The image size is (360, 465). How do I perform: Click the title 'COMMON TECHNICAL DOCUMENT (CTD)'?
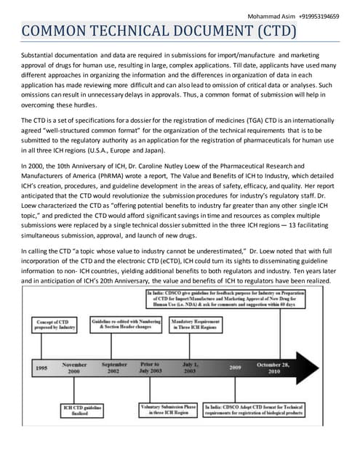tap(159, 31)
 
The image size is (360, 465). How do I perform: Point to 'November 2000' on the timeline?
tap(75, 368)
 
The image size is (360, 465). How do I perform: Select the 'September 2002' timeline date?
tap(115, 368)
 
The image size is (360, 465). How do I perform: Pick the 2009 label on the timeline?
tap(234, 368)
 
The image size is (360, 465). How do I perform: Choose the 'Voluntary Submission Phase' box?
tap(168, 411)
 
